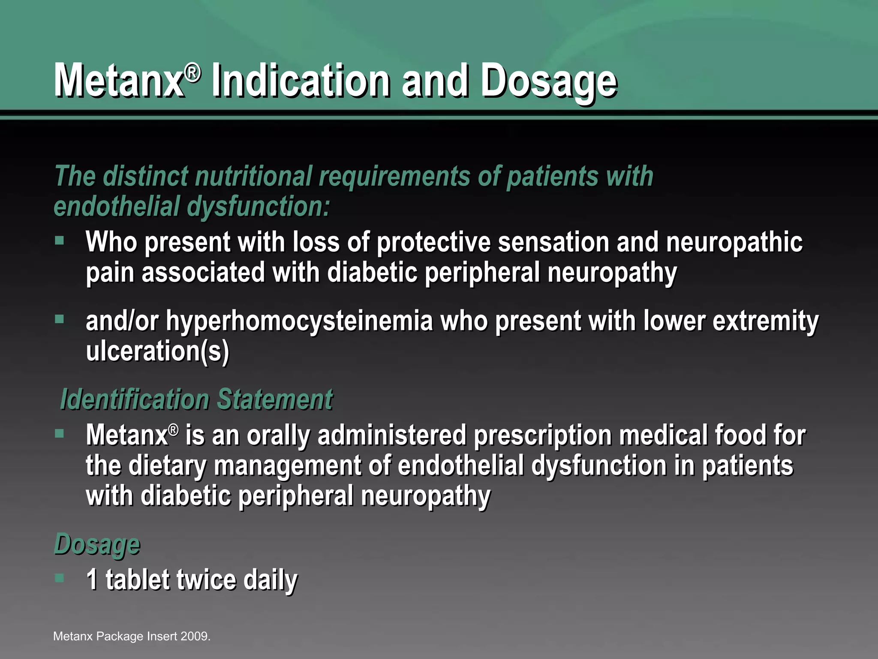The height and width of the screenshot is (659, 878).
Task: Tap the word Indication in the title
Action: click(301, 81)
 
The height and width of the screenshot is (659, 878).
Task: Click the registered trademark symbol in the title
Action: click(193, 73)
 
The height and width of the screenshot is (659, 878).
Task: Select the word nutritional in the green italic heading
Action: click(253, 177)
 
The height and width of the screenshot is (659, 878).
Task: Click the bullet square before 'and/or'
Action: click(60, 319)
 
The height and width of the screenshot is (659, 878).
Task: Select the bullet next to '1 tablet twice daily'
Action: click(60, 578)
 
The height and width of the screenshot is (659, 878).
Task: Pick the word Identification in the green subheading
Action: click(135, 399)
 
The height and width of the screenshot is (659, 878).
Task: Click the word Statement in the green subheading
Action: click(275, 399)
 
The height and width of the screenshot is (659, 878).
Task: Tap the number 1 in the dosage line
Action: click(92, 580)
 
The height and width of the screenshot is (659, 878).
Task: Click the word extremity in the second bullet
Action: click(765, 322)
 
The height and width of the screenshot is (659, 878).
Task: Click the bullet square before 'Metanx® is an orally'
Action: click(60, 434)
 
